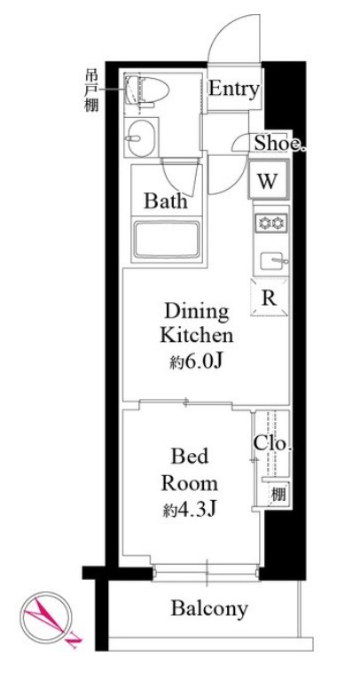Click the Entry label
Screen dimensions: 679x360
pyautogui.click(x=234, y=90)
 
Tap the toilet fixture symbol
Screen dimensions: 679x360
pyautogui.click(x=143, y=92)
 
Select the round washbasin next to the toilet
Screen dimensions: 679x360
pyautogui.click(x=141, y=137)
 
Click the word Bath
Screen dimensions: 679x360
pyautogui.click(x=166, y=201)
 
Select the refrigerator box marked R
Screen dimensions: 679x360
pyautogui.click(x=268, y=298)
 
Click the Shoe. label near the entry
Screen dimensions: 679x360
pyautogui.click(x=279, y=144)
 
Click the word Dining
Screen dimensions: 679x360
pyautogui.click(x=196, y=312)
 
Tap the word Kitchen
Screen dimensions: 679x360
pyautogui.click(x=196, y=336)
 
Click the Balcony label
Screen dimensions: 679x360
pyautogui.click(x=209, y=609)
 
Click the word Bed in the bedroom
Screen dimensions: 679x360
pyautogui.click(x=189, y=458)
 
